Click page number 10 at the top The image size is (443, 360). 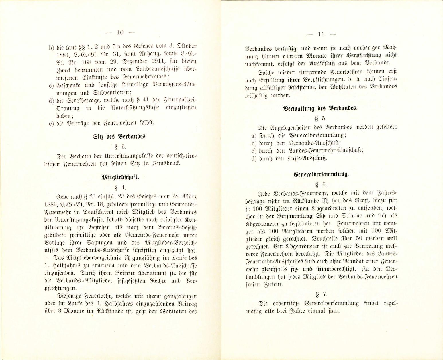click(120, 33)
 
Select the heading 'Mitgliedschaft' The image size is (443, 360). click(124, 177)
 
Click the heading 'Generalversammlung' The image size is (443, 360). click(321, 174)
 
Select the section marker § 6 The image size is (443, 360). click(321, 184)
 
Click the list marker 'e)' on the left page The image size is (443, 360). click(52, 123)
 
